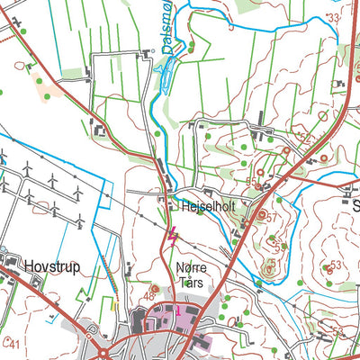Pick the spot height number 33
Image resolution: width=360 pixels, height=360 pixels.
click(334, 17)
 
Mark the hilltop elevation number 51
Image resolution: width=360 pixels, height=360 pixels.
click(282, 246)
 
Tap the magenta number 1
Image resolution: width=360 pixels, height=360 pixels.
click(178, 311)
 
